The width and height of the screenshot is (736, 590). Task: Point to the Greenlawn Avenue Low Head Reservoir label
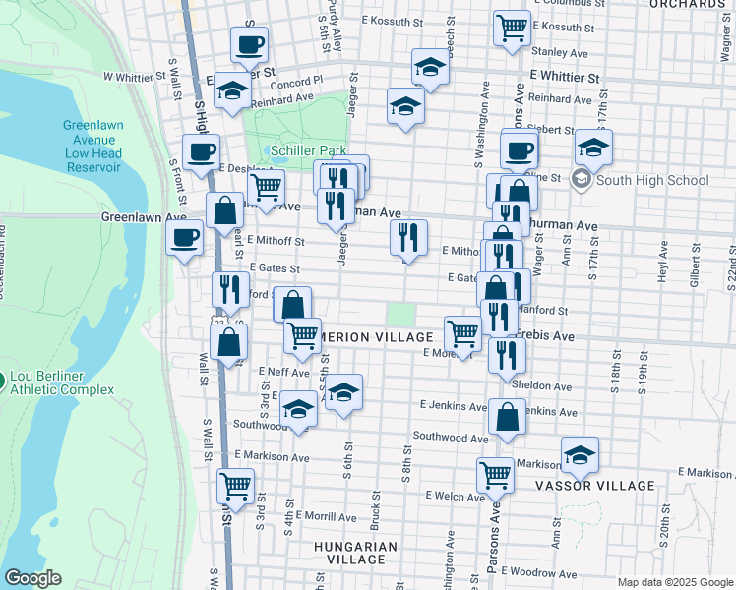[92, 146]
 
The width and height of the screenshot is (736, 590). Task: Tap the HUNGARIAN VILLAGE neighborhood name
[355, 553]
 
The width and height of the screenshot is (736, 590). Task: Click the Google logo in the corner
[32, 578]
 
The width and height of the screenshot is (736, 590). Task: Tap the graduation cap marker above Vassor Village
[580, 454]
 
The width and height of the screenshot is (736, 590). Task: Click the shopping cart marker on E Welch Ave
[495, 475]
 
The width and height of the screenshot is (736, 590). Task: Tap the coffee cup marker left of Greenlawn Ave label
[185, 237]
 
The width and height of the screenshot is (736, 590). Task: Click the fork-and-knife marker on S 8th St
[407, 236]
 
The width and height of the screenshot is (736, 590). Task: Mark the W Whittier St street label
[135, 76]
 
